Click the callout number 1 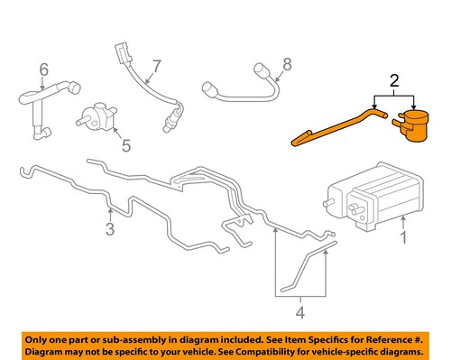pos(405,239)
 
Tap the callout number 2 pos(393,82)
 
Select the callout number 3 pos(109,230)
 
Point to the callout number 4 pos(301,316)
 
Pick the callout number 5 pos(125,144)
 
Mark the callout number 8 pos(288,64)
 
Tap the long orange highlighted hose pos(334,125)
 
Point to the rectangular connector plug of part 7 pos(122,52)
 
